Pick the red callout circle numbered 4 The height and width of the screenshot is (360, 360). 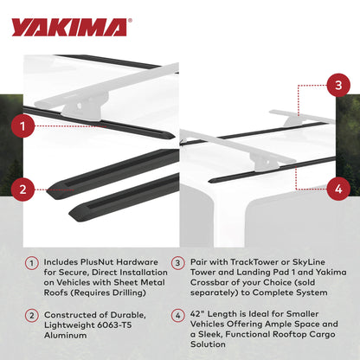click(x=337, y=186)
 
